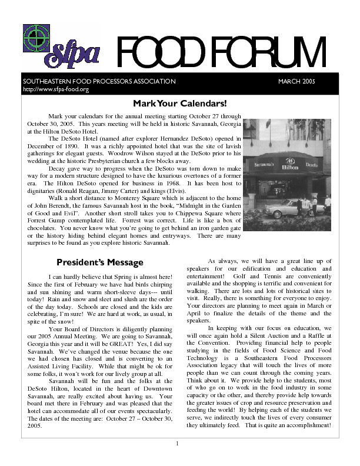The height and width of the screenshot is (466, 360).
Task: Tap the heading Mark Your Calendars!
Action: coord(179,104)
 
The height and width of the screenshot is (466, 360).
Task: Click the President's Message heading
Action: coord(99,262)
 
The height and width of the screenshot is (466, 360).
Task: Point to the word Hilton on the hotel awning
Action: coord(289,167)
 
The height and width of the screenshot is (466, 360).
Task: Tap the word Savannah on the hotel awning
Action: coord(263,165)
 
